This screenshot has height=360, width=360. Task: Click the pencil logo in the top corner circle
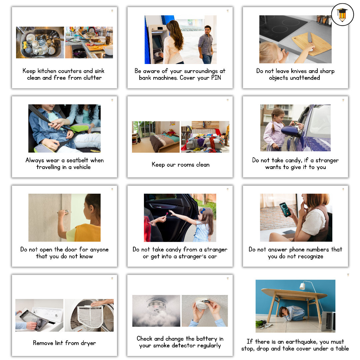[342, 15]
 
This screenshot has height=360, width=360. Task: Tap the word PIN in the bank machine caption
[216, 78]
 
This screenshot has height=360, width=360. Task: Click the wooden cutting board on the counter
[311, 44]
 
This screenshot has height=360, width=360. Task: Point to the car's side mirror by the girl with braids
[291, 131]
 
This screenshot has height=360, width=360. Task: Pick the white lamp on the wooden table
[302, 286]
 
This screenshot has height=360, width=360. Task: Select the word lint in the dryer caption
[59, 343]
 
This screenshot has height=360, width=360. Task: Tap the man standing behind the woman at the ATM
[206, 45]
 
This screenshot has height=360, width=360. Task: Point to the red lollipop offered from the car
[167, 214]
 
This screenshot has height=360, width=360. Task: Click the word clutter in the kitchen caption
[93, 78]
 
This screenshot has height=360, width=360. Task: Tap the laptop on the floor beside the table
[328, 321]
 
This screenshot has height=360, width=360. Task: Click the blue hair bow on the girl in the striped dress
[202, 211]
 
